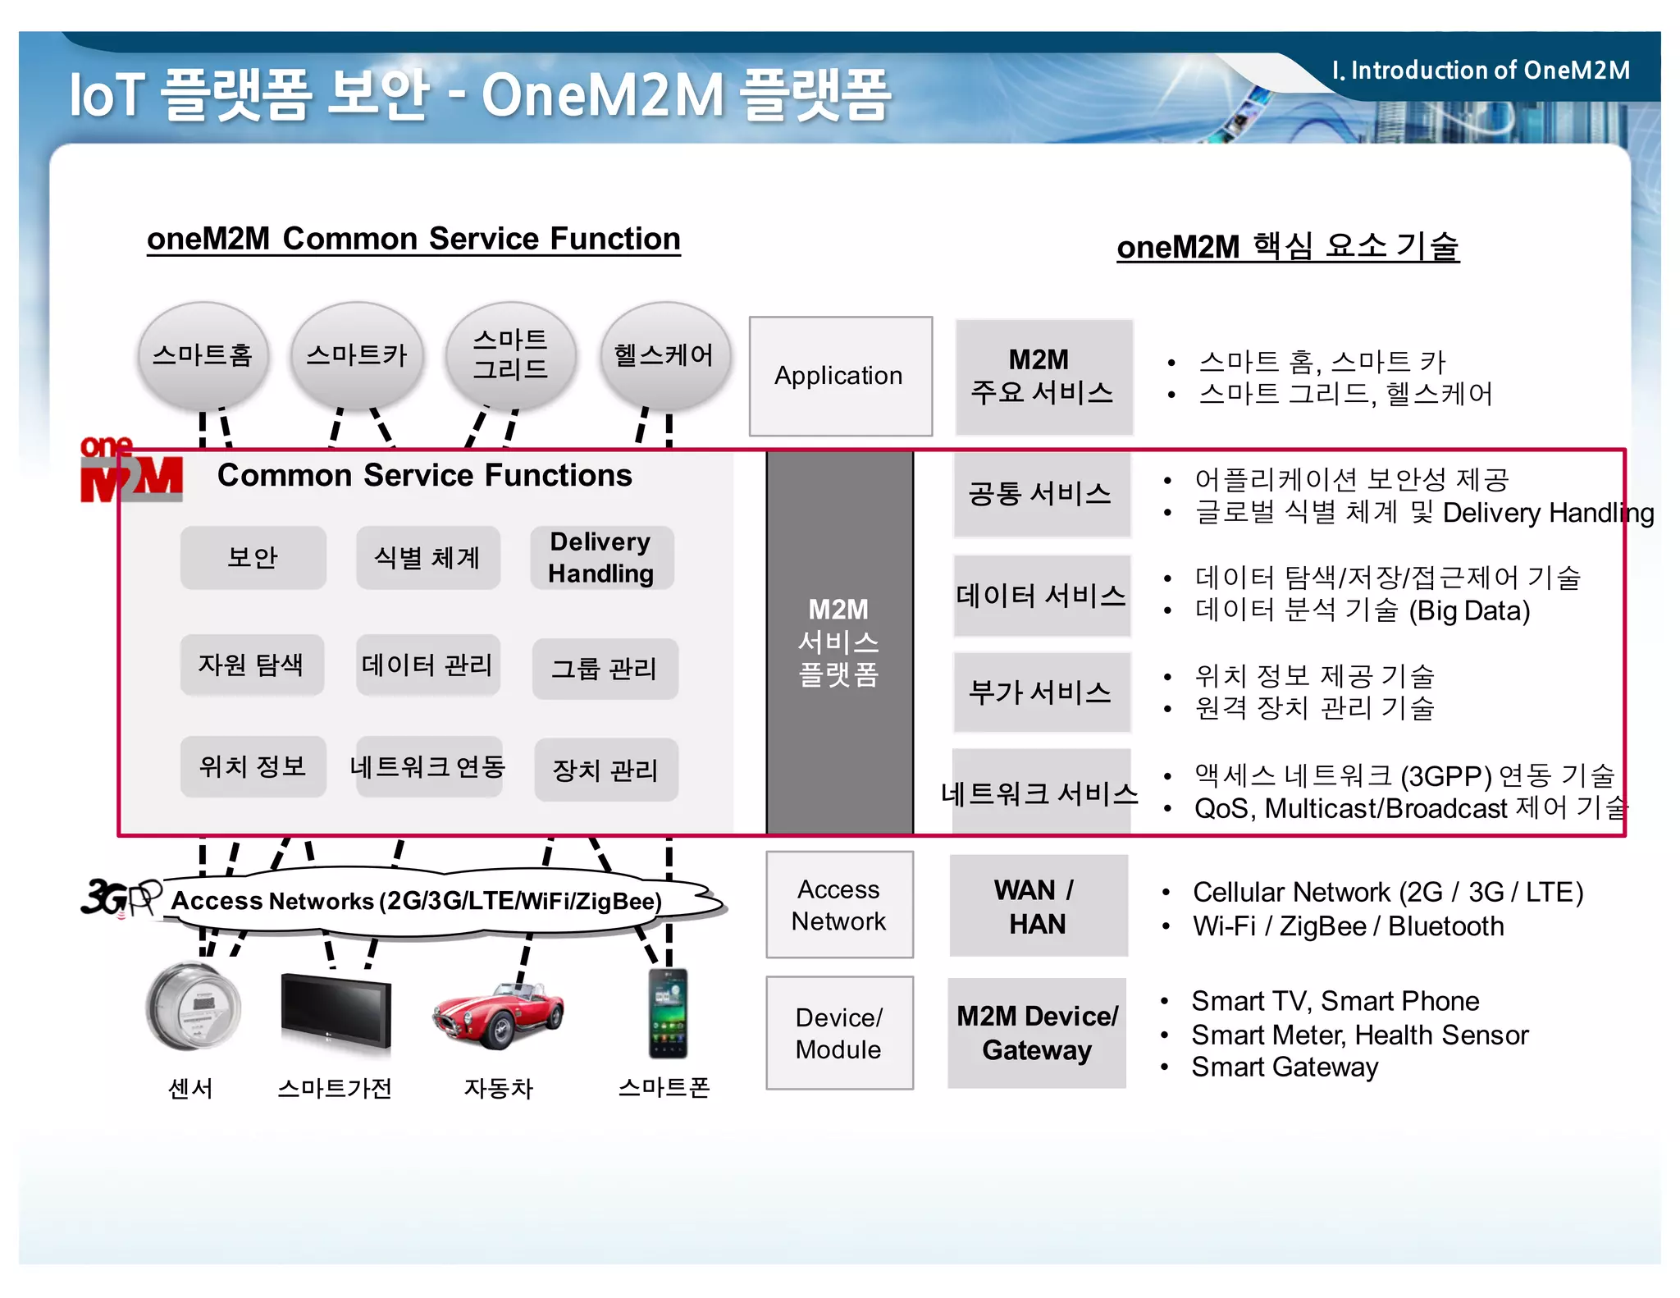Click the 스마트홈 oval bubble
203,355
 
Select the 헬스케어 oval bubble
664,355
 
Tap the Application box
840,376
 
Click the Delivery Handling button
601,557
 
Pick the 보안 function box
253,557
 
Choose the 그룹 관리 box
605,669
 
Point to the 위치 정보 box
253,766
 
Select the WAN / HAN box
1038,906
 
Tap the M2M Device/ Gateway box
1037,1033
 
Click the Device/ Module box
839,1033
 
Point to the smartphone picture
668,1014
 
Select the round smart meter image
194,1007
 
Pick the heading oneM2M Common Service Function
413,239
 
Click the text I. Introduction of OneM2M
1481,71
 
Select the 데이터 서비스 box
1041,596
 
